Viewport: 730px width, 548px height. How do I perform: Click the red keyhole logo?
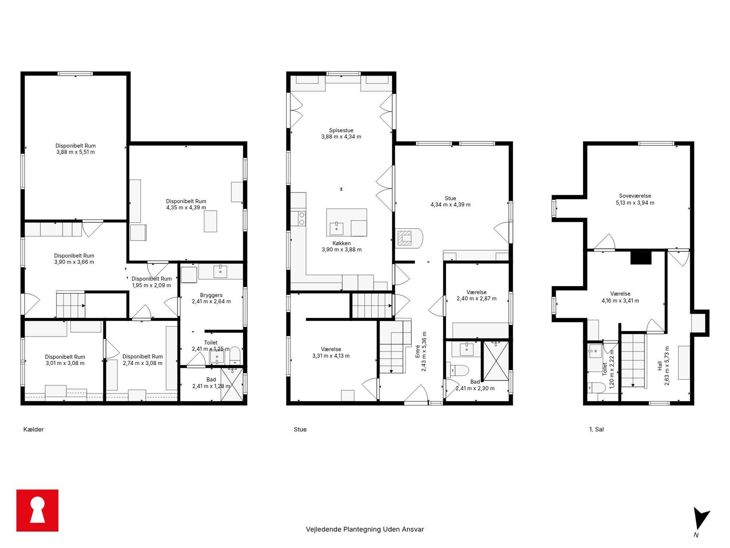(x=37, y=510)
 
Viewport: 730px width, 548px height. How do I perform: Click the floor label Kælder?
(x=33, y=429)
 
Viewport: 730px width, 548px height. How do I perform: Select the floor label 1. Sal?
(x=596, y=429)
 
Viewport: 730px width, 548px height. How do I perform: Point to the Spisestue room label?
(x=341, y=130)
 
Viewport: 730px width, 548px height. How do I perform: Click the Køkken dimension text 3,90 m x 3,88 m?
(x=341, y=250)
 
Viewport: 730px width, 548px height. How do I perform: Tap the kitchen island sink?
(x=336, y=228)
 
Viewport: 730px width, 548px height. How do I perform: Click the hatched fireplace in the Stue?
(x=405, y=238)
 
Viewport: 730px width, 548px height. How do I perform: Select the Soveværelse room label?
(x=635, y=196)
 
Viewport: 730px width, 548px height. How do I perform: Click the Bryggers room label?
(x=211, y=295)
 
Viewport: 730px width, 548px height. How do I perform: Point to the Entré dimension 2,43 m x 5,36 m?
(x=424, y=351)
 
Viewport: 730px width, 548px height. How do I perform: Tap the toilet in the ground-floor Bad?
(x=457, y=370)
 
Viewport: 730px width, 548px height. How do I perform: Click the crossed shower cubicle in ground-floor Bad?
(x=496, y=361)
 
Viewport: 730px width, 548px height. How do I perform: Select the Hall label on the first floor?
(x=660, y=366)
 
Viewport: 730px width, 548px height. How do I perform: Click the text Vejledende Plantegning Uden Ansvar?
(x=365, y=529)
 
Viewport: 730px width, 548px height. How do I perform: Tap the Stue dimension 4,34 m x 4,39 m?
(x=450, y=205)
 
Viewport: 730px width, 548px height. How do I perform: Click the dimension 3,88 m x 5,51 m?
(x=75, y=152)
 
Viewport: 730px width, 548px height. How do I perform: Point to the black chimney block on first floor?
(x=641, y=257)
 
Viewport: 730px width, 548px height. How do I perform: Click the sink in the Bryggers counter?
(x=220, y=271)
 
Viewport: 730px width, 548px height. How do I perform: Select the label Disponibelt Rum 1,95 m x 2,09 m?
(x=152, y=282)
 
